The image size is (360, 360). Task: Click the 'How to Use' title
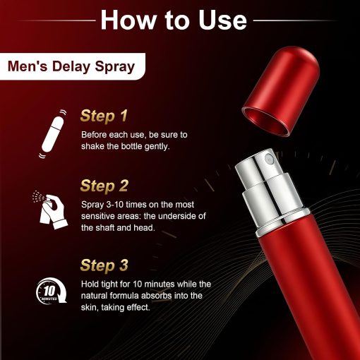[174, 20]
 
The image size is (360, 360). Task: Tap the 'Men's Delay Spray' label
[71, 66]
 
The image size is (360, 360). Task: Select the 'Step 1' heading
[104, 116]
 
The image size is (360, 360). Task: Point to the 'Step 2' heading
[104, 186]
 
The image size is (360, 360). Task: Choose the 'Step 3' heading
[104, 265]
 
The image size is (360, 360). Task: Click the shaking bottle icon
[52, 134]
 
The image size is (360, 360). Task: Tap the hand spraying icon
[50, 210]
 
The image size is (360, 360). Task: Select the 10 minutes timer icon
[52, 291]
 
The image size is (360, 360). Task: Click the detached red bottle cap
[281, 91]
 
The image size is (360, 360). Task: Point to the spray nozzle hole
[269, 160]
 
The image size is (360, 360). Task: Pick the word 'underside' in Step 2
[176, 216]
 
